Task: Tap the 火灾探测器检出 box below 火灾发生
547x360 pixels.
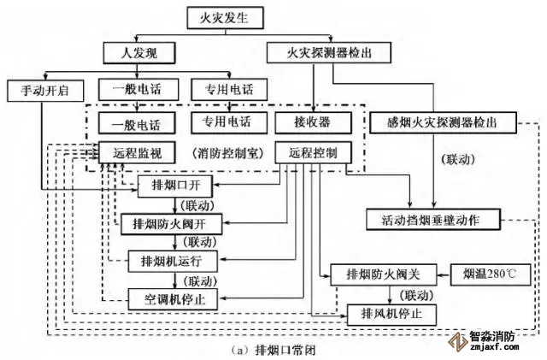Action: [317, 52]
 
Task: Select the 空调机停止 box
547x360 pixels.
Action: [176, 298]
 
